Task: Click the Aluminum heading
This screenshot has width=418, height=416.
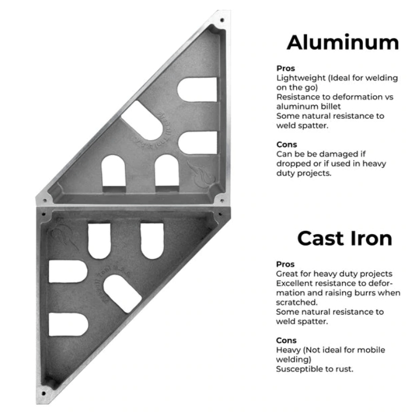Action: (343, 42)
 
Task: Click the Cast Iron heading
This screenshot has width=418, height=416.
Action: (345, 238)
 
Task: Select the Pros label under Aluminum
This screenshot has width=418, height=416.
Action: (286, 68)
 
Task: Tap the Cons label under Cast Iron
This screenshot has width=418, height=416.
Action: (286, 341)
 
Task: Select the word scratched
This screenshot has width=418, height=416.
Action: (297, 302)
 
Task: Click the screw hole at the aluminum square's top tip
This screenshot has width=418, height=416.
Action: (222, 20)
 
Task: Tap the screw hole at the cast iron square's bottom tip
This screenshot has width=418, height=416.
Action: (43, 393)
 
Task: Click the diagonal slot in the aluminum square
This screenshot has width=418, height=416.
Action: (142, 120)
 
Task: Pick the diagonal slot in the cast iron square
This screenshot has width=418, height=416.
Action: (123, 293)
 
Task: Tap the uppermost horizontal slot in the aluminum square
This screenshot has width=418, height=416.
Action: (197, 90)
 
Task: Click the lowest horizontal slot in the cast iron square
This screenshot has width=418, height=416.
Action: (69, 324)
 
